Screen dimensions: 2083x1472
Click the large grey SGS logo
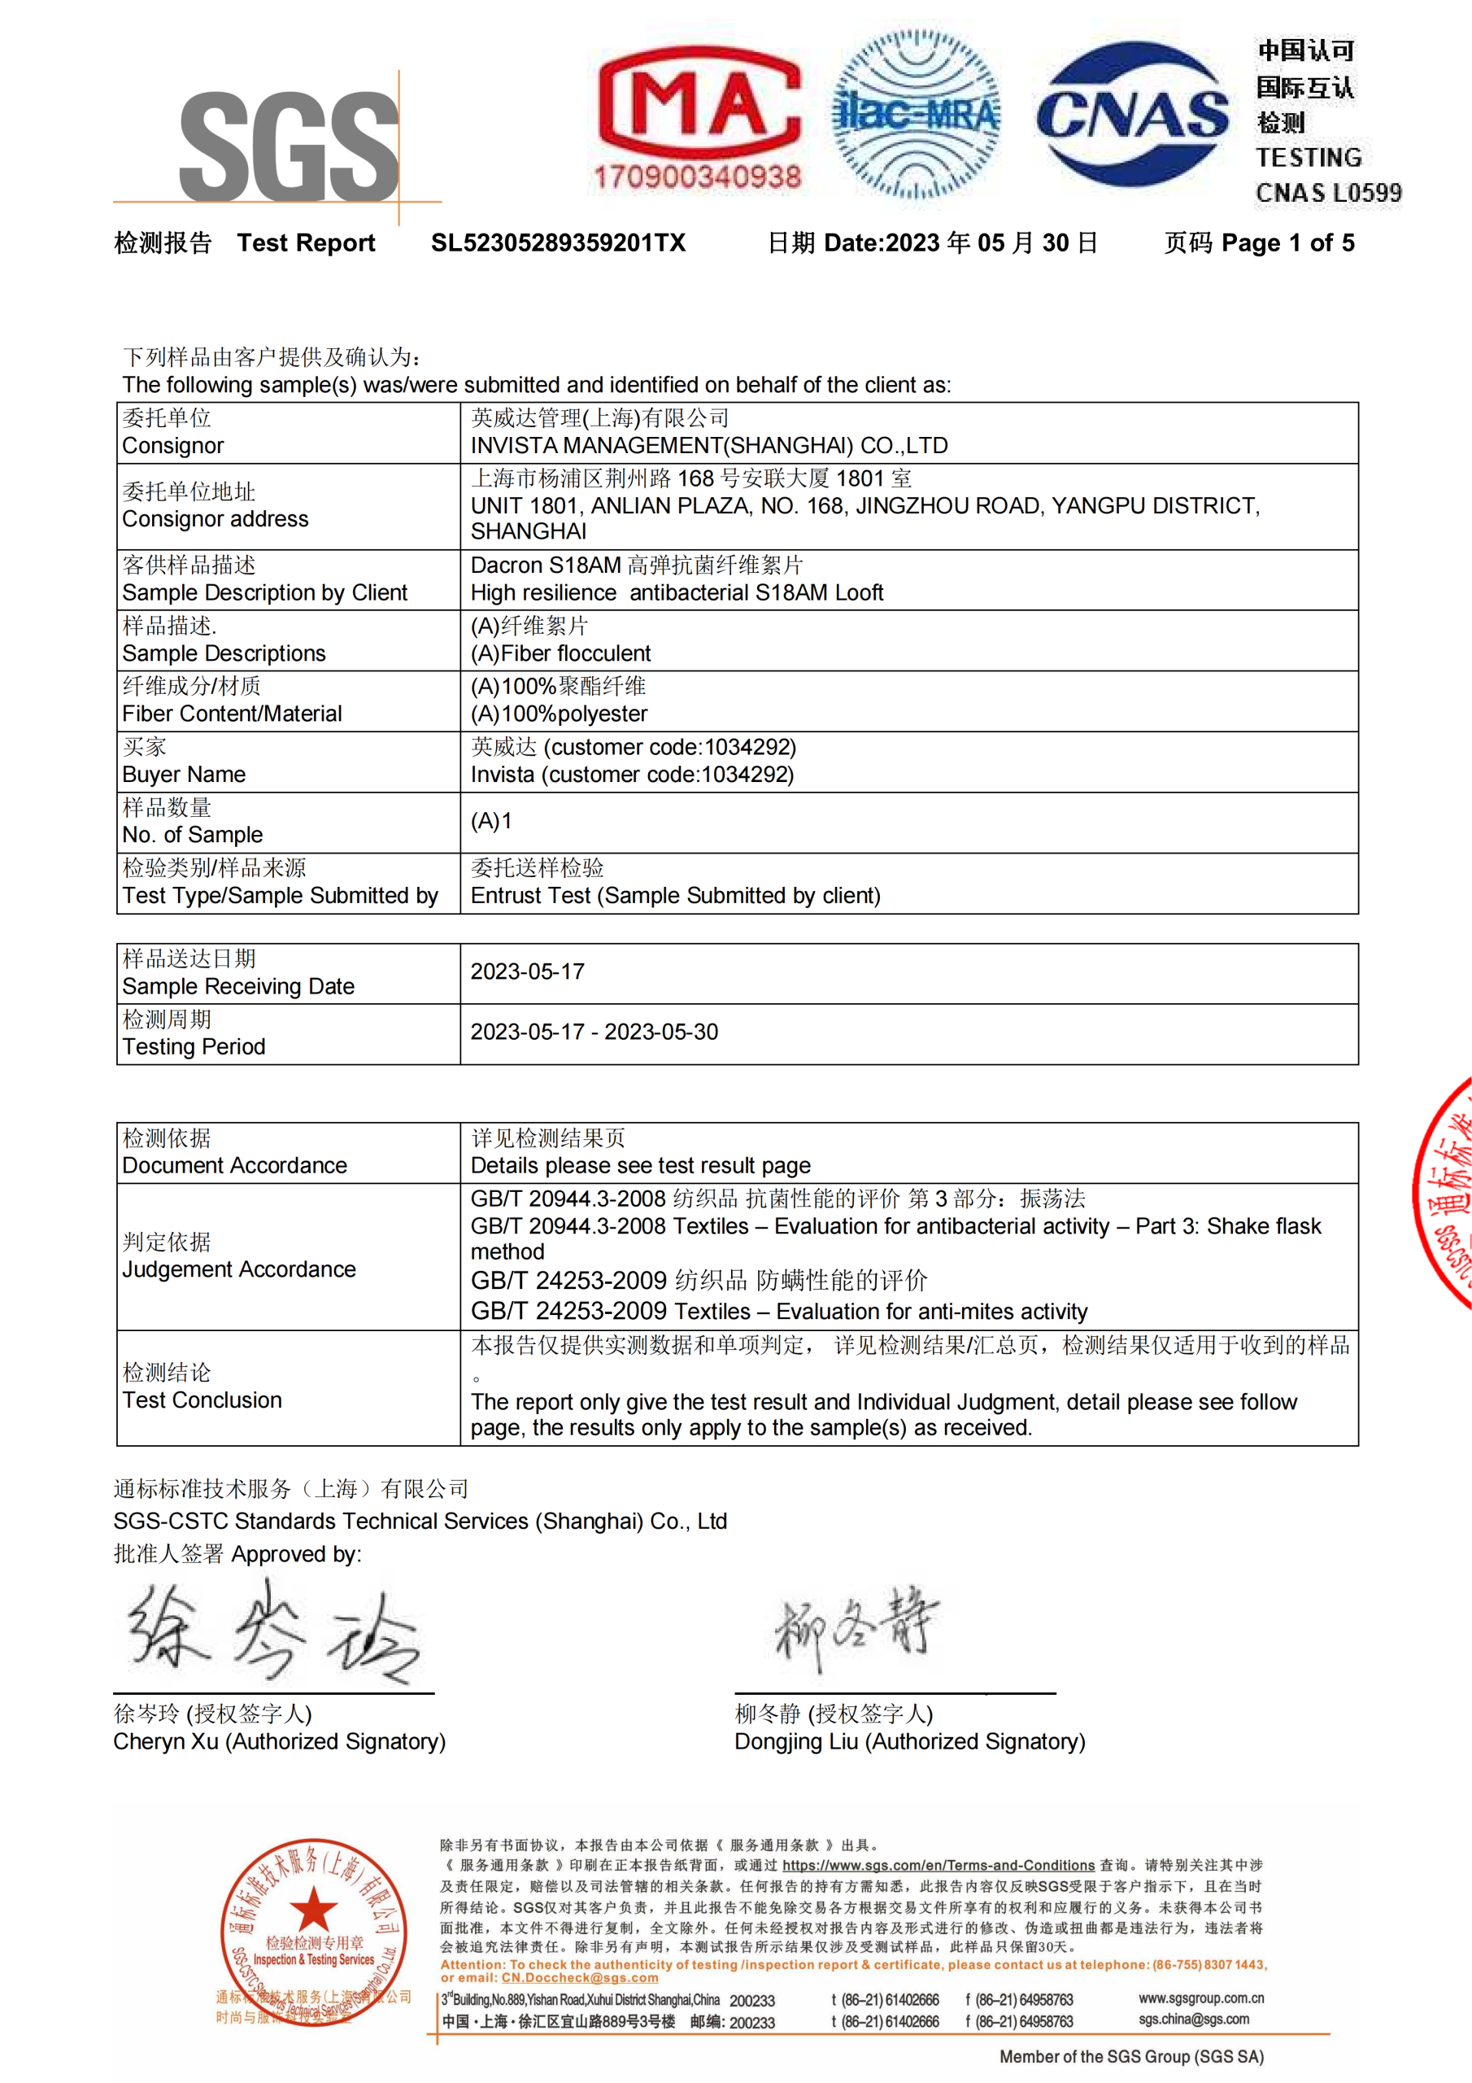pyautogui.click(x=289, y=147)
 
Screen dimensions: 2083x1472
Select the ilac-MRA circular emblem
pyautogui.click(x=916, y=114)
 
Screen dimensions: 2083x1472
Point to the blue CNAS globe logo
pyautogui.click(x=1132, y=114)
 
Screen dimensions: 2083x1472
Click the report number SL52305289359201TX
pyautogui.click(x=558, y=243)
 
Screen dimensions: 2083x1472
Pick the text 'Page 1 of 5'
pyautogui.click(x=1288, y=243)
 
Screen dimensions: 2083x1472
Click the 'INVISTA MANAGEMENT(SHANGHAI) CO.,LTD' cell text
pyautogui.click(x=708, y=445)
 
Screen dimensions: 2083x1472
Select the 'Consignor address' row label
pyautogui.click(x=215, y=519)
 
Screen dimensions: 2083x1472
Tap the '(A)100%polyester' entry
pyautogui.click(x=559, y=714)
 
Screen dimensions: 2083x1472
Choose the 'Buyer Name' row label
pyautogui.click(x=183, y=775)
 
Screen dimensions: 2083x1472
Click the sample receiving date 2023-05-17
pyautogui.click(x=527, y=972)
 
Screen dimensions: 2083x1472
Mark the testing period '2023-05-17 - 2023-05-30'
pyautogui.click(x=594, y=1033)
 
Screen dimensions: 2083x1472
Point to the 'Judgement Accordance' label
pyautogui.click(x=238, y=1269)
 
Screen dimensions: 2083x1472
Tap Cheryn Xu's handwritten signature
pyautogui.click(x=272, y=1633)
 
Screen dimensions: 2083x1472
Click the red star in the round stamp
pyautogui.click(x=313, y=1909)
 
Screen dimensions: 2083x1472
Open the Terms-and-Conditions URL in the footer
pyautogui.click(x=938, y=1865)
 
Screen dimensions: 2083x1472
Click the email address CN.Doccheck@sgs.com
pyautogui.click(x=580, y=1978)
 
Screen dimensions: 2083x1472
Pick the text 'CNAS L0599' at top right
pyautogui.click(x=1328, y=193)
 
